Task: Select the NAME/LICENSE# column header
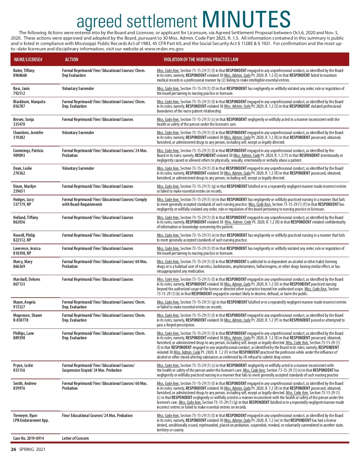[x=28, y=59]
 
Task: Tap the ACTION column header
[x=71, y=59]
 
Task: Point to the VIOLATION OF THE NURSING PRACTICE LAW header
[x=201, y=59]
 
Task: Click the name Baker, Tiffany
[x=24, y=70]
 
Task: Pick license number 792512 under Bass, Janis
[x=19, y=93]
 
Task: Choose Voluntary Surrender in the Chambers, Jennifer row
[x=78, y=133]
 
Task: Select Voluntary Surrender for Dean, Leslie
[x=78, y=168]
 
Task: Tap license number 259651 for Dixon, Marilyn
[x=19, y=191]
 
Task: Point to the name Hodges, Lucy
[x=23, y=199]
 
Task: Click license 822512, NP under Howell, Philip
[x=22, y=240]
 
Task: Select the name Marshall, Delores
[x=27, y=279]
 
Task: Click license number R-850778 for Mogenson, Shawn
[x=21, y=320]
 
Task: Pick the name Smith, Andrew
[x=25, y=383]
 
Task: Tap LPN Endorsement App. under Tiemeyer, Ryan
[x=31, y=420]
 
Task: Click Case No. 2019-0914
[x=28, y=438]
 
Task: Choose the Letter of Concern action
[x=75, y=438]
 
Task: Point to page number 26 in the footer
[x=13, y=449]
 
